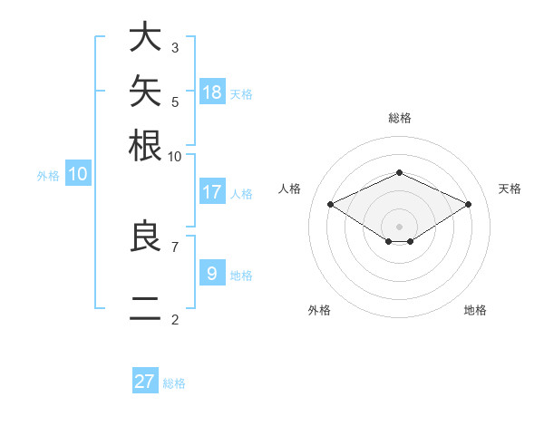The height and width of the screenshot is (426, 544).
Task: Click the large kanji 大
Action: coord(145,36)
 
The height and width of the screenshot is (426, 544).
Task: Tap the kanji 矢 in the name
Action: coord(145,91)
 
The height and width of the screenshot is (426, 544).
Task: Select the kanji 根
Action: coord(145,145)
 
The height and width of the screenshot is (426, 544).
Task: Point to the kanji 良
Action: coord(145,235)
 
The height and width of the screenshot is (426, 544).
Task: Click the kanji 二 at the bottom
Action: coord(145,308)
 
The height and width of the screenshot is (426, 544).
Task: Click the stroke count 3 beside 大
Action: coord(175,47)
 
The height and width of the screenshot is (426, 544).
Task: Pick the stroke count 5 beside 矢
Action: coord(175,102)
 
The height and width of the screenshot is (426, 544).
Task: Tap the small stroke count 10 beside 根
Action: coord(174,157)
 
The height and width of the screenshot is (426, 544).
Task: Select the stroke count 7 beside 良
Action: coord(175,247)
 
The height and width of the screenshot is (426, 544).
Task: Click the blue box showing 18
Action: coord(212,92)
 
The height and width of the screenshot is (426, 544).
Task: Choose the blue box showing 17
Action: coord(212,191)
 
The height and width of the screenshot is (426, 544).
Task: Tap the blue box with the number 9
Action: coord(212,272)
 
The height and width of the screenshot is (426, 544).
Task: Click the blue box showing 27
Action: coord(145,380)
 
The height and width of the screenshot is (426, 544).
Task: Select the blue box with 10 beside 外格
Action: coord(78,173)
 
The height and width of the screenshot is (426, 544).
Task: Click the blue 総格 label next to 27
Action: coord(174,383)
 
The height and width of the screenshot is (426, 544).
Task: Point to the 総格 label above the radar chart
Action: coord(400,118)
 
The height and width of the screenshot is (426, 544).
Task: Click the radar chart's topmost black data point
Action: coord(399,172)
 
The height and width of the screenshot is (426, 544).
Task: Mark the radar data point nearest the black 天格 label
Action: coord(468,204)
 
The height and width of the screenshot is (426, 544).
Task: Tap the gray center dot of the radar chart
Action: coord(399,227)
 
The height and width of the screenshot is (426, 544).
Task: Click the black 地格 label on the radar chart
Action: coord(475,310)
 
